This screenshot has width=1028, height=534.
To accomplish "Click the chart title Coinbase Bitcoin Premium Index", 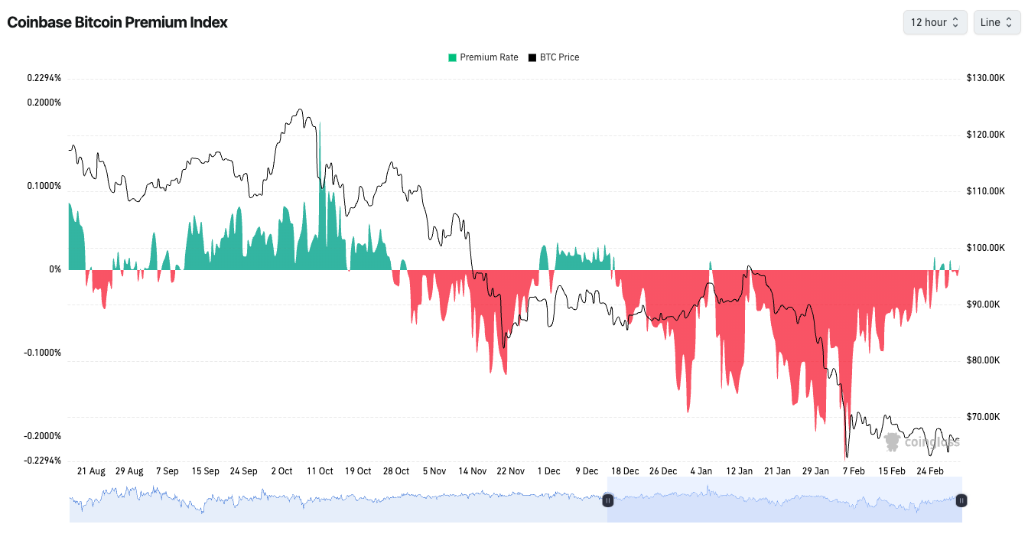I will (117, 22).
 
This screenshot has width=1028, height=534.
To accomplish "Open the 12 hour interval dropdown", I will (935, 22).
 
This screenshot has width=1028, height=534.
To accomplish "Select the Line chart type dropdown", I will (997, 22).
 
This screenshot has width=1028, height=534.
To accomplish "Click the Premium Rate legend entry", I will (483, 57).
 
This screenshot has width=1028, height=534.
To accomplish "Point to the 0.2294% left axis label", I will (44, 78).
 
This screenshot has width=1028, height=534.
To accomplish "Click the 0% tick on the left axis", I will (55, 269).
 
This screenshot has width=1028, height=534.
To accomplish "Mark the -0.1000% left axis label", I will (42, 353).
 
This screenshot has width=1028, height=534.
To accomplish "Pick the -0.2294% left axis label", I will (42, 461).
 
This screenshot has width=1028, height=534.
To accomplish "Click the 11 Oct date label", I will (320, 471).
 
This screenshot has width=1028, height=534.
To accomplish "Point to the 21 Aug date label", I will (91, 471).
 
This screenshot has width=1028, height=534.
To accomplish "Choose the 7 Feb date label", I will (854, 471).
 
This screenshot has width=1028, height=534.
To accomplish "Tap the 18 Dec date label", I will (625, 471).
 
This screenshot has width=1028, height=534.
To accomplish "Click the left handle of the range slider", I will (608, 500).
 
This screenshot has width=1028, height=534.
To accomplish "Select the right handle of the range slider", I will (961, 500).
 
